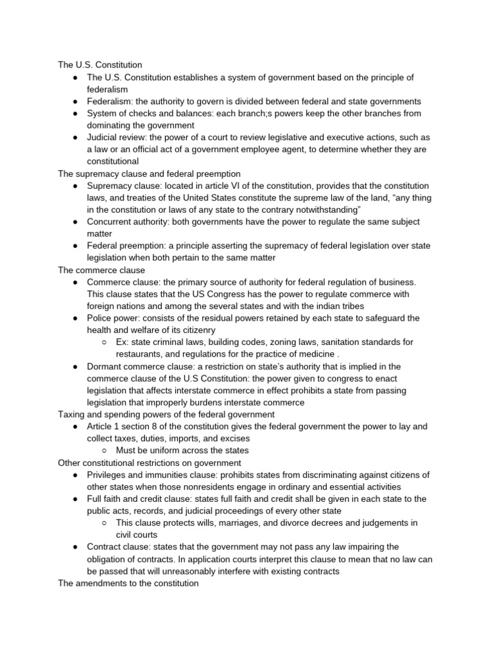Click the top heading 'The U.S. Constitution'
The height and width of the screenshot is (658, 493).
pyautogui.click(x=99, y=65)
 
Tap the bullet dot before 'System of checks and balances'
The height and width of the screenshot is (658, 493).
pyautogui.click(x=75, y=114)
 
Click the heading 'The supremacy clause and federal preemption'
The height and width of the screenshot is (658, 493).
pyautogui.click(x=149, y=173)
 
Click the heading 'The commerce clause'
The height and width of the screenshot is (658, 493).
pyautogui.click(x=101, y=270)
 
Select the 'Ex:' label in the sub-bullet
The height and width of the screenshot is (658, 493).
pyautogui.click(x=123, y=342)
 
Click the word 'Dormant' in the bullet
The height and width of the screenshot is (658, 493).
pyautogui.click(x=105, y=366)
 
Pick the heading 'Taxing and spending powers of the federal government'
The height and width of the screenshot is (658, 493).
pyautogui.click(x=166, y=414)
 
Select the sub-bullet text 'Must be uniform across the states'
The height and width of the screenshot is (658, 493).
pyautogui.click(x=182, y=450)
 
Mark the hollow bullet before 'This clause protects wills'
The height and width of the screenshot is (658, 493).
pyautogui.click(x=104, y=523)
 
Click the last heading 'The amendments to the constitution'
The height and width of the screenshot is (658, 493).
pyautogui.click(x=128, y=583)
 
